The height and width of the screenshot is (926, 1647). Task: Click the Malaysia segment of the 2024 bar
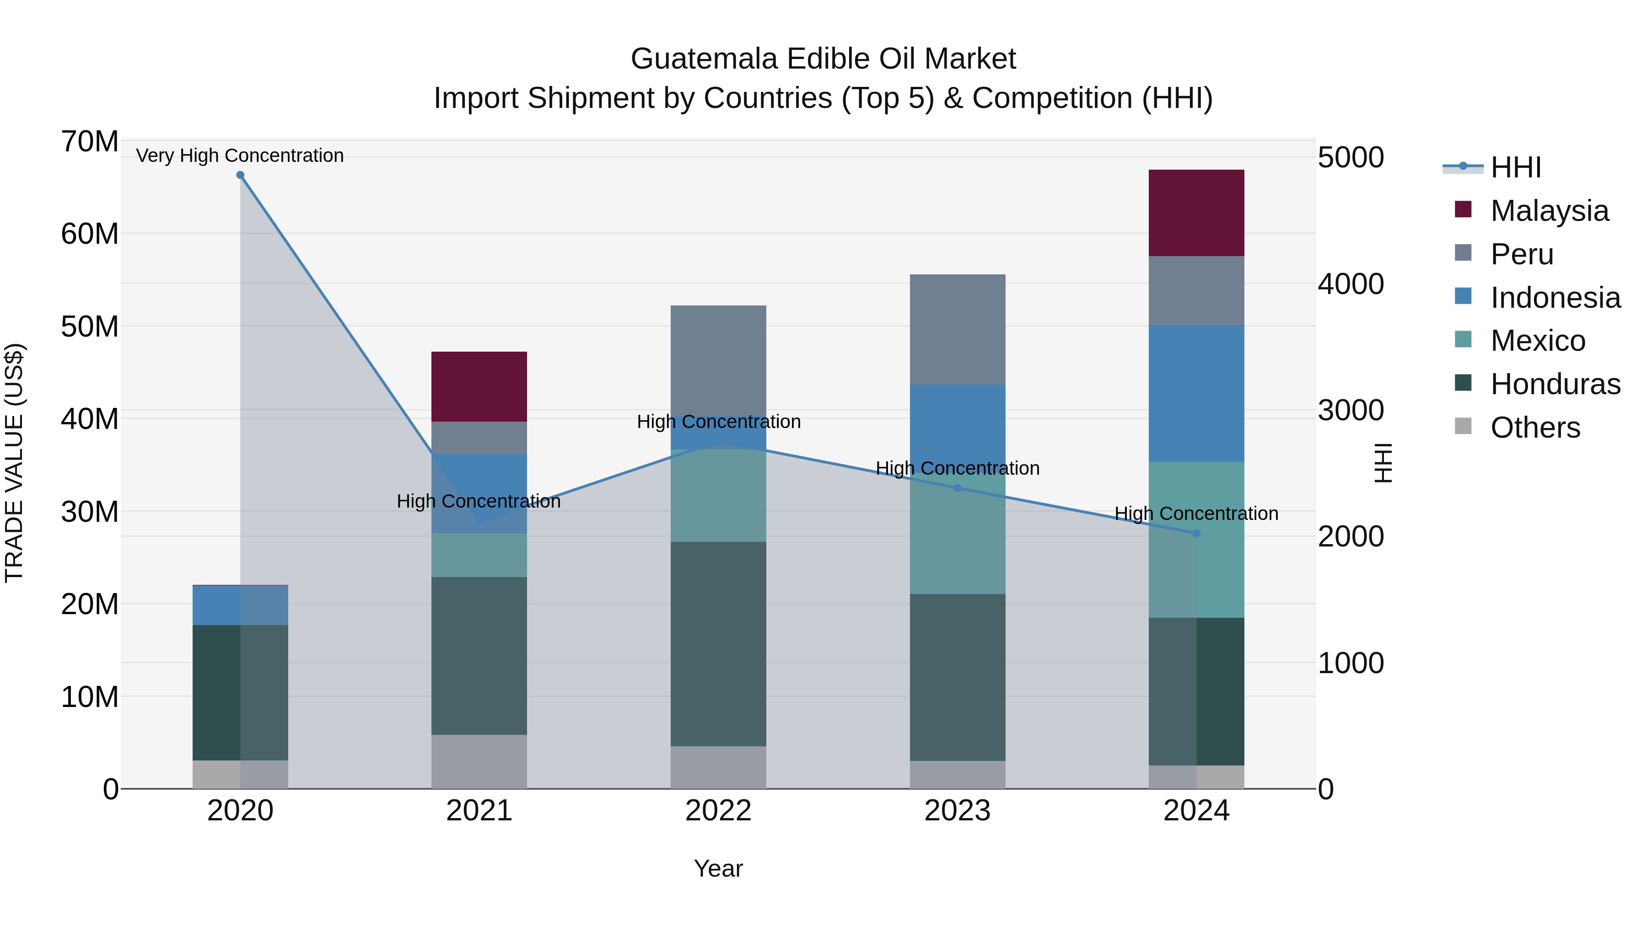click(x=1196, y=213)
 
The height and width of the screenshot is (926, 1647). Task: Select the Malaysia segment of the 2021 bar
click(x=479, y=386)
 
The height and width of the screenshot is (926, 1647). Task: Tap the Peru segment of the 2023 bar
click(x=957, y=329)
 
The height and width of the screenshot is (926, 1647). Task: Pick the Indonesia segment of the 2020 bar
click(x=240, y=605)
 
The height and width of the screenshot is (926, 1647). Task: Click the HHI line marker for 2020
click(x=240, y=175)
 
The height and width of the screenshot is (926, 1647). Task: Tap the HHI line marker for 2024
click(x=1196, y=533)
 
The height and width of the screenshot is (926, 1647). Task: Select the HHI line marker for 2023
click(x=957, y=487)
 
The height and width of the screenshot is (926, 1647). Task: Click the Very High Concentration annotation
click(x=240, y=155)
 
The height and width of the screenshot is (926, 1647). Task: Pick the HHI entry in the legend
click(x=1515, y=167)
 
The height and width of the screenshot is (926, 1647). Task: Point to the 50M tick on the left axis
click(x=90, y=327)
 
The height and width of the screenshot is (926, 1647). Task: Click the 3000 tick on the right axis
click(x=1351, y=410)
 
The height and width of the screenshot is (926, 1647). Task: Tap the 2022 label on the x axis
click(x=718, y=811)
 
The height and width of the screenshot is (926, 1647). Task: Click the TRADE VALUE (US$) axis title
click(x=14, y=463)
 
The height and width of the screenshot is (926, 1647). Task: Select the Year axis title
click(x=718, y=868)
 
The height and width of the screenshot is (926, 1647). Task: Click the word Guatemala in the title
click(x=704, y=59)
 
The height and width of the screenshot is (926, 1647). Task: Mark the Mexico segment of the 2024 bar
click(x=1196, y=540)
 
